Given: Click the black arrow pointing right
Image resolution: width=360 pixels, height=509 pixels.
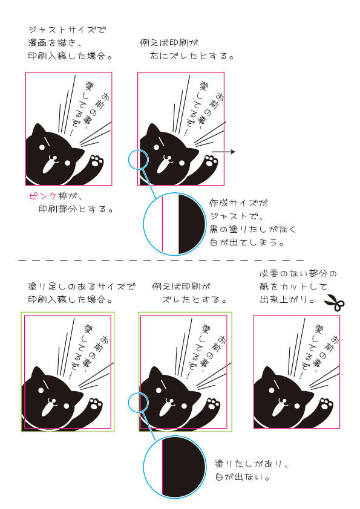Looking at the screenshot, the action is tap(223, 152).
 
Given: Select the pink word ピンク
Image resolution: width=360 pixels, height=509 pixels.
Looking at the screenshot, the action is tap(43, 196).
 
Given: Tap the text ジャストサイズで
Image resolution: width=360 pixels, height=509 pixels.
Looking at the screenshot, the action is tap(67, 30).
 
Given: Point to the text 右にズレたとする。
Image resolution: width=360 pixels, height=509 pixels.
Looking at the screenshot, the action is tap(192, 56).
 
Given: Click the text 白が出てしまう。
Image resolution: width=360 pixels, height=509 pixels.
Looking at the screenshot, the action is tap(247, 242).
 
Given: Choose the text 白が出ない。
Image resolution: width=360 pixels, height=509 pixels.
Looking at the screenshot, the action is tap(243, 477).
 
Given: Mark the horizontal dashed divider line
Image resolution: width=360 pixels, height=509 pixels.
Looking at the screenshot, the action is tap(161, 261).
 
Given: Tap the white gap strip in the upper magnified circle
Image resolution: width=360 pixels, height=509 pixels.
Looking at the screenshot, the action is tap(171, 224).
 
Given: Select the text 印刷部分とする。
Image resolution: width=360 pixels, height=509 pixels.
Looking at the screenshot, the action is tap(76, 209).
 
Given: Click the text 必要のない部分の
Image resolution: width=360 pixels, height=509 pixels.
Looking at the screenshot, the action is tap(298, 273).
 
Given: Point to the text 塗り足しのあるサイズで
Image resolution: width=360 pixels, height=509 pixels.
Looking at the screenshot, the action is tap(82, 287).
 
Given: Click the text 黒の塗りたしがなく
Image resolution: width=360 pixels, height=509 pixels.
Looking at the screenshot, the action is tap(253, 229).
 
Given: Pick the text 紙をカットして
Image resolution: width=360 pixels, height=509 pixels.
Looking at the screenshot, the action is tap(293, 287).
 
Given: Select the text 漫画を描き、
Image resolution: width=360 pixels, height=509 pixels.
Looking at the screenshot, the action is tap(54, 43).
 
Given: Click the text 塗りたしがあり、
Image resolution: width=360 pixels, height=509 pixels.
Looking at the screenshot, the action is tap(252, 464).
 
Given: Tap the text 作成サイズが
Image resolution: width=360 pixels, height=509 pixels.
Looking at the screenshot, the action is tap(238, 203).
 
